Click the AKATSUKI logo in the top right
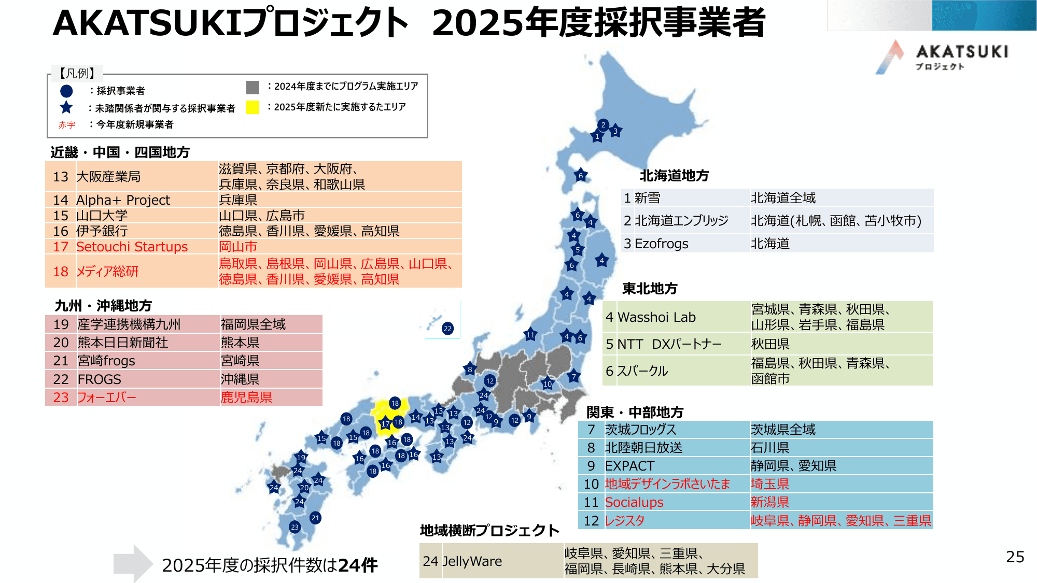coord(941,57)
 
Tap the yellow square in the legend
coord(253,107)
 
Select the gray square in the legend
coord(253,87)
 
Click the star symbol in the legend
coord(66,108)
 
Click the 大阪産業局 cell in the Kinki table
coord(108,177)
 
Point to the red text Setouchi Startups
coord(132,247)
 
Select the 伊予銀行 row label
coord(102,231)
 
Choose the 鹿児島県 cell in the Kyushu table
coord(246,397)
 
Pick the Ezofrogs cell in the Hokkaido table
coord(661,244)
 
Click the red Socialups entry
coord(634,502)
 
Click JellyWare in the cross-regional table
coord(472,561)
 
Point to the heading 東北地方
coord(650,289)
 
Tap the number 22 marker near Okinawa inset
coord(447,329)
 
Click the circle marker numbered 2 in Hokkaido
coord(603,125)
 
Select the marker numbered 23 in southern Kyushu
coord(295,527)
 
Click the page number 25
coord(1015,557)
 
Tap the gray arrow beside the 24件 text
coord(133,563)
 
